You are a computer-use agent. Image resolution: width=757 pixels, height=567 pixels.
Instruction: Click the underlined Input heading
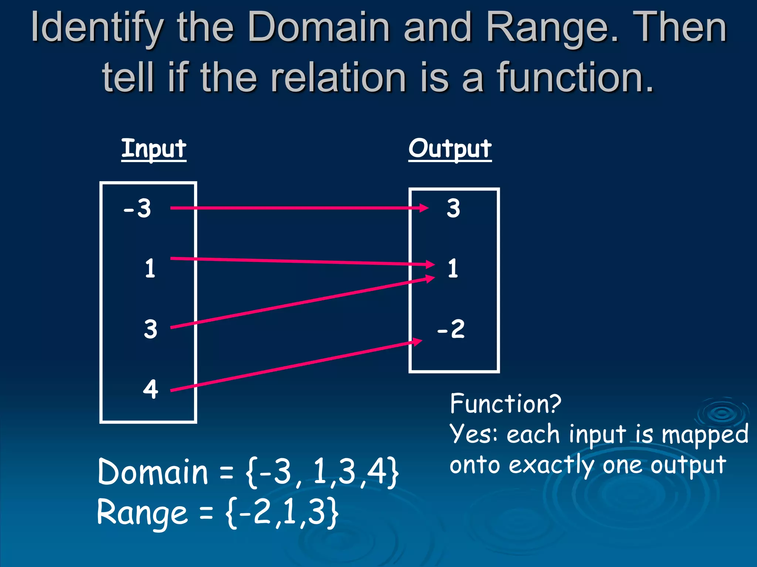point(154,149)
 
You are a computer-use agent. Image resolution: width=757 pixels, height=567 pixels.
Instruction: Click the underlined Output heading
point(450,149)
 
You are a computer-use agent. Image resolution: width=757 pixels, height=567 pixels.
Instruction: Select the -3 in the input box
point(138,208)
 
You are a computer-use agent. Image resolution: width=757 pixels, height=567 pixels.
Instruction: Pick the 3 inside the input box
point(150,329)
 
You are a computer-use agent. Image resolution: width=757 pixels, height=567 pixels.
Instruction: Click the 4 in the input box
point(150,389)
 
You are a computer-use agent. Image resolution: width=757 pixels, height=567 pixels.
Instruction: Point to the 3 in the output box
point(454,208)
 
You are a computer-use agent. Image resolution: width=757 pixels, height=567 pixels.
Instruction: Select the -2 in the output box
point(451,329)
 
